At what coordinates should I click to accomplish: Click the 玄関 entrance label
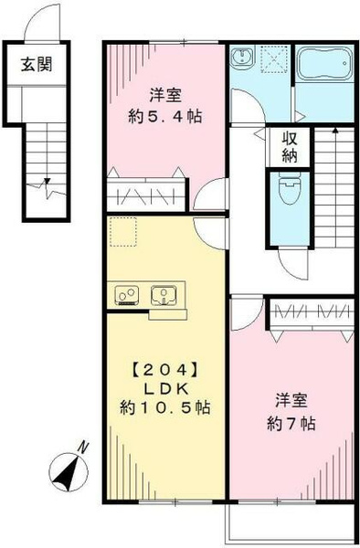click(37, 65)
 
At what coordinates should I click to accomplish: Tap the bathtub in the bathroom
click(324, 63)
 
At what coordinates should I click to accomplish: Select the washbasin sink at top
click(242, 57)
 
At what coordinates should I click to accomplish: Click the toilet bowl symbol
click(290, 188)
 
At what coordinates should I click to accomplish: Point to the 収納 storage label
click(290, 147)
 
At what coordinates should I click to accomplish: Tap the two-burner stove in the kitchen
click(126, 295)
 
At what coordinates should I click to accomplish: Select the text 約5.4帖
click(165, 117)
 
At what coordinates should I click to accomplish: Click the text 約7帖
click(291, 424)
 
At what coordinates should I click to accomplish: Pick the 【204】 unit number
click(164, 369)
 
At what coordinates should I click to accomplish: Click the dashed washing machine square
click(275, 59)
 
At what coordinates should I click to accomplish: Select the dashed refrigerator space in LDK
click(123, 232)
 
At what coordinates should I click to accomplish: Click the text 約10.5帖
click(165, 407)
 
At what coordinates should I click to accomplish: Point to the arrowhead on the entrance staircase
click(47, 181)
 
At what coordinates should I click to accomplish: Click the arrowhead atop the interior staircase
click(335, 131)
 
